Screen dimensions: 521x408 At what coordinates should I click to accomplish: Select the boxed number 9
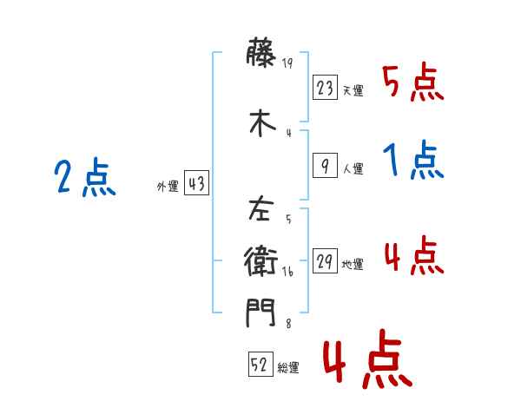coord(324,165)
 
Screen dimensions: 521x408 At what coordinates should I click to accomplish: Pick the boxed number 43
coord(196,185)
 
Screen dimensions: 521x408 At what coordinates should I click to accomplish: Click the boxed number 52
coord(260,365)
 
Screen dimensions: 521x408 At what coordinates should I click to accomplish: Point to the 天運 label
coord(353,90)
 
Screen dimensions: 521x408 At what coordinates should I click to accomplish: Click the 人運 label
coord(353,168)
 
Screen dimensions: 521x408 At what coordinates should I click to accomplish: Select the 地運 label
coord(353,264)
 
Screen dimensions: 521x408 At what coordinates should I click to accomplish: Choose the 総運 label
coord(288,368)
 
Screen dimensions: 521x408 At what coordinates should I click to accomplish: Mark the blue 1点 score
coord(412,161)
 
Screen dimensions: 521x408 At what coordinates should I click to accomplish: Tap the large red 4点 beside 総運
coord(366,363)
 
